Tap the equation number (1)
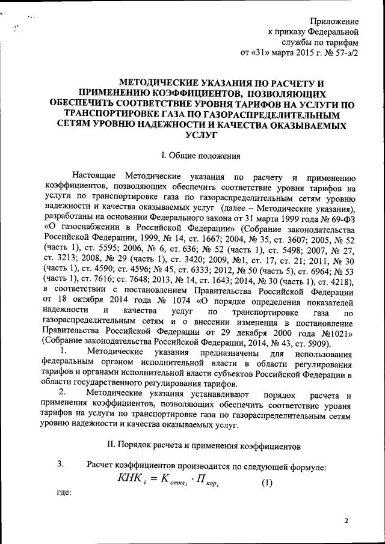[266, 482]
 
